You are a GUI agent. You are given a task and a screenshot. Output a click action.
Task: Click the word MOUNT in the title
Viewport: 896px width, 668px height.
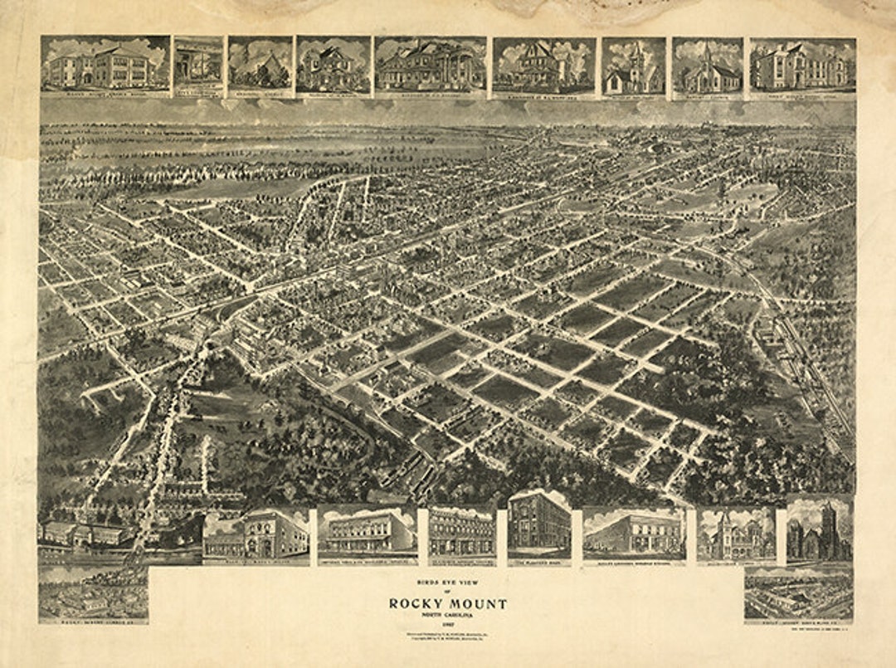coord(479,603)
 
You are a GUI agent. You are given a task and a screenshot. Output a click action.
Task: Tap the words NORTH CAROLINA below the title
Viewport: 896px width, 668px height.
coord(447,615)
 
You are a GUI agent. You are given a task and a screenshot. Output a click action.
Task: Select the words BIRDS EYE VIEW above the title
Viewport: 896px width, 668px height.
coord(448,583)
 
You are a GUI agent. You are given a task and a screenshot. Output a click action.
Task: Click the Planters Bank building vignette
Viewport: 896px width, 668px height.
coord(539,524)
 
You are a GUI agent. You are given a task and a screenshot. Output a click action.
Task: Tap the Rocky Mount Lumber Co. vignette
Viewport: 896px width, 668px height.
coord(93,592)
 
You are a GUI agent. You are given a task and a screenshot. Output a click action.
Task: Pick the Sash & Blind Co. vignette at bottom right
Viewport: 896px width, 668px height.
coord(798,592)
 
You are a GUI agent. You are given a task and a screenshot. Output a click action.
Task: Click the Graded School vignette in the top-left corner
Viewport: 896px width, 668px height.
coord(105,65)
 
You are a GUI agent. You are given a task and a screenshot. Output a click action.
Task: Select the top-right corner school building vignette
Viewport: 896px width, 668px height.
coord(802,65)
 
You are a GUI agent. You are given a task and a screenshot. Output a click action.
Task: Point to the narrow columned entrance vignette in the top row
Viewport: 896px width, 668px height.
coord(198,65)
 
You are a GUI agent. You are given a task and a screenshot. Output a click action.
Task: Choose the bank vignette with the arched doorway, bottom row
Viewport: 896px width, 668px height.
coord(256,534)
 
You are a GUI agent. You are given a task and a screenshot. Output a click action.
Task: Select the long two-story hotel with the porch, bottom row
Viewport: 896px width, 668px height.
coord(367,532)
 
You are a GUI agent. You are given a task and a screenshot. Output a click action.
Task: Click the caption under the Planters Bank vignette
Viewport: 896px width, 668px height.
coord(539,562)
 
